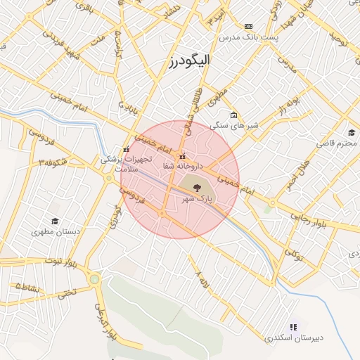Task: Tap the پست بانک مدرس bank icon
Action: point(248,26)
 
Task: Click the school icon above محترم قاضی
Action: point(352,133)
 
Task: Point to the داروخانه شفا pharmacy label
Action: point(182,167)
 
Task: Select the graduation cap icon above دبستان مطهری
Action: point(55,220)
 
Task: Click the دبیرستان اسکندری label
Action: point(294,338)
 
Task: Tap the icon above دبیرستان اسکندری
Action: point(293,326)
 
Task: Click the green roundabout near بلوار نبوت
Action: point(94,280)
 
